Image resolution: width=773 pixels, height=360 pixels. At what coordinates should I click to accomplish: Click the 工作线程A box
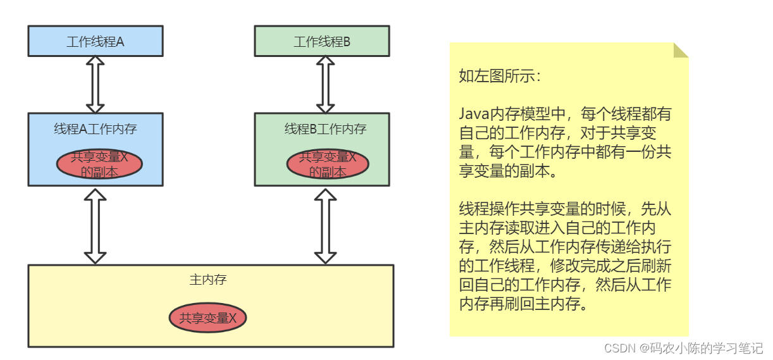[x=96, y=42]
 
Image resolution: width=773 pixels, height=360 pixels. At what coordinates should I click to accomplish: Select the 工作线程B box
[x=321, y=42]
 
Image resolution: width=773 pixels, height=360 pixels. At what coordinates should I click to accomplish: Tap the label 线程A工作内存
[x=96, y=129]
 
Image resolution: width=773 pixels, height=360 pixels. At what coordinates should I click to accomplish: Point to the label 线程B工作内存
[x=325, y=129]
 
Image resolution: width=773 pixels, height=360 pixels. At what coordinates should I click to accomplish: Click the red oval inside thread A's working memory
[x=99, y=164]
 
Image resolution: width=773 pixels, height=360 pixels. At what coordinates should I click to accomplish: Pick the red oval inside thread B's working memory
[x=328, y=164]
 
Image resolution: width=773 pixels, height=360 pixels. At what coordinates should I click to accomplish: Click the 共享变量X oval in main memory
[x=207, y=318]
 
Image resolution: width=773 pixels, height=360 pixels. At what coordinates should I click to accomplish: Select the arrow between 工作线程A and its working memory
[x=95, y=85]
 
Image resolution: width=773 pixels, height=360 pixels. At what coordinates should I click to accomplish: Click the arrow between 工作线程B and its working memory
[x=325, y=85]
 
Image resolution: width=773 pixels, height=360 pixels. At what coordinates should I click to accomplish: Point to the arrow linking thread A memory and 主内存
[x=95, y=225]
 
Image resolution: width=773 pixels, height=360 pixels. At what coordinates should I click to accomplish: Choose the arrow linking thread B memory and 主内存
[x=325, y=225]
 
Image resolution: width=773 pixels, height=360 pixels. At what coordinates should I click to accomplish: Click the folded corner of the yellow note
[x=680, y=51]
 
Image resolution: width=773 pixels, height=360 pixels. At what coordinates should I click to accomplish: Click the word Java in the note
[x=474, y=115]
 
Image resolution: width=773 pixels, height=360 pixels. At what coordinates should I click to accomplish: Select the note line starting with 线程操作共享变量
[x=565, y=209]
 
